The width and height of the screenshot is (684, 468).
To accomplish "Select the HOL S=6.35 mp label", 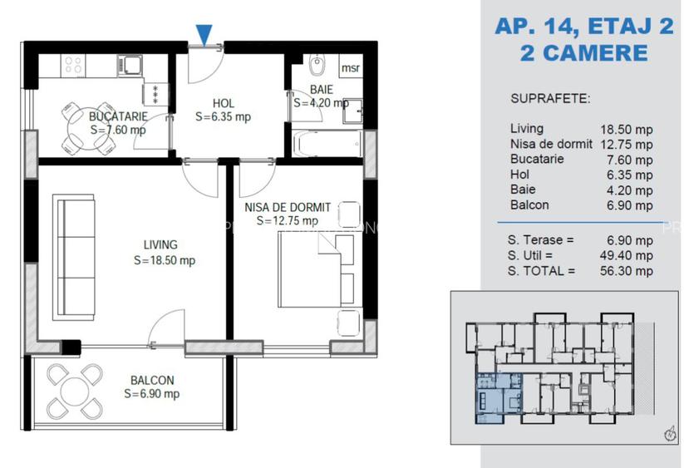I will click(223, 110).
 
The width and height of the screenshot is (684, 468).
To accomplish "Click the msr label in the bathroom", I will click(351, 68).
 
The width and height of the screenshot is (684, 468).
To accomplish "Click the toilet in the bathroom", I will click(315, 66).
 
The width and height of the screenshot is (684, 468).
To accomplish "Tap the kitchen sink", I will click(131, 64).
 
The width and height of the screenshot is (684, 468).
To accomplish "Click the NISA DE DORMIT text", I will click(288, 208).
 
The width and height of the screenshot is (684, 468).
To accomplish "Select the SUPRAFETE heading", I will click(549, 98).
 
